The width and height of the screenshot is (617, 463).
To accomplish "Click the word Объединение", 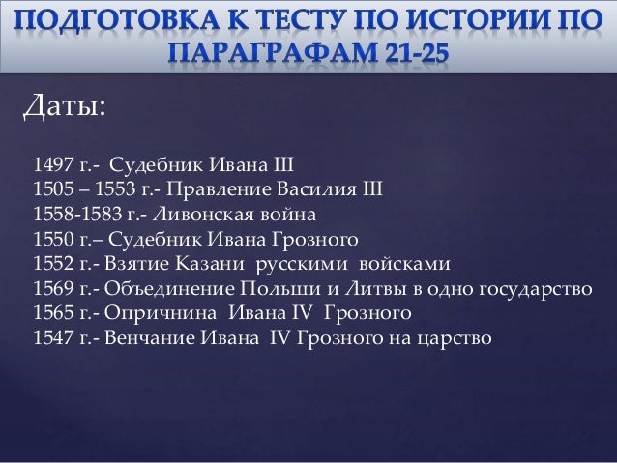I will coord(157,288).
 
